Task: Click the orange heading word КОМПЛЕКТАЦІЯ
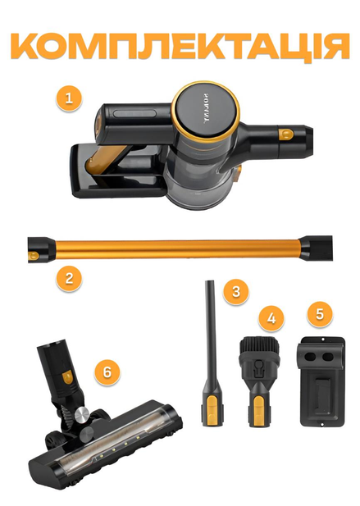180,48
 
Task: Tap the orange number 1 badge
69,98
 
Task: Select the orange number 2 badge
69,278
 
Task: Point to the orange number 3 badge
236,291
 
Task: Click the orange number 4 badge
271,318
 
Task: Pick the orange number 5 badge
320,313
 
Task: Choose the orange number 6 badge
107,372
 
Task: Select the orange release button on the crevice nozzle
211,409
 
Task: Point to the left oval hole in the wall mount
311,356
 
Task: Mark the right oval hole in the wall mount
327,356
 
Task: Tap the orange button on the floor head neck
67,377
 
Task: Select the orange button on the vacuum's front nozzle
286,134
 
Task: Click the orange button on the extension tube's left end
34,256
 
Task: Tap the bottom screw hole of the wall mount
322,424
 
